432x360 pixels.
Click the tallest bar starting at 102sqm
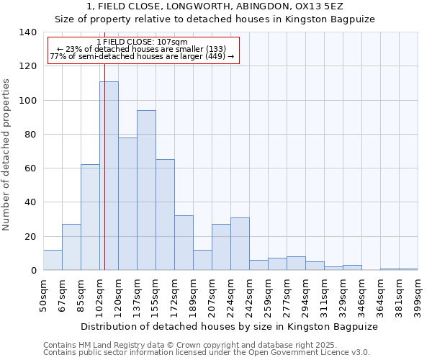point(109,176)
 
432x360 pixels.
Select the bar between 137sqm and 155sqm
point(146,190)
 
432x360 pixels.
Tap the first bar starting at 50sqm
point(53,260)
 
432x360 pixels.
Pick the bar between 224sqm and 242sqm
point(240,244)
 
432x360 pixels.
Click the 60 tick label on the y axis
point(30,168)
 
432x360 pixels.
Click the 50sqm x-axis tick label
point(43,294)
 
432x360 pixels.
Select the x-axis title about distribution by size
point(229,326)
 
